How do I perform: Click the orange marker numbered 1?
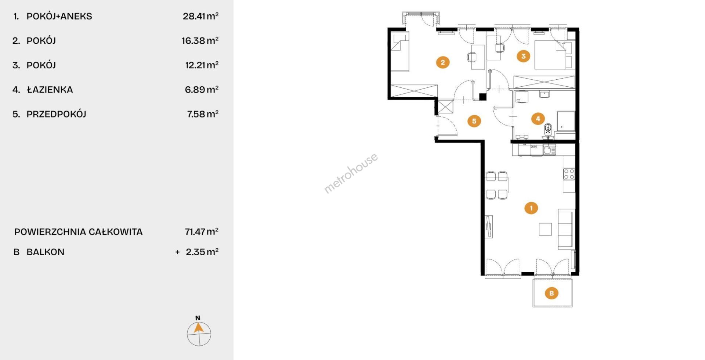(x=531, y=208)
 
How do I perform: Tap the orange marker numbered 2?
(x=442, y=62)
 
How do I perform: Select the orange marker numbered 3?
(x=523, y=56)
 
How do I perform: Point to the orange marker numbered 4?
(x=538, y=118)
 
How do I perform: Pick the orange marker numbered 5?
(x=474, y=121)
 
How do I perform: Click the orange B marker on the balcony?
(x=552, y=293)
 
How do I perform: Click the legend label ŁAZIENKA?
(x=50, y=90)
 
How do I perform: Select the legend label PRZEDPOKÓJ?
(x=57, y=114)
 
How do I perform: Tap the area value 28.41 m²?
(x=200, y=16)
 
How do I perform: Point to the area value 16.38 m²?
(x=200, y=40)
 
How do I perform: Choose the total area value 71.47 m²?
(x=202, y=231)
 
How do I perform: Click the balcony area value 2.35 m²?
(x=202, y=252)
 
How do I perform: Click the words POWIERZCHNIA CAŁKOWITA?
(x=78, y=232)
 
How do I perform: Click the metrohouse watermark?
(x=351, y=173)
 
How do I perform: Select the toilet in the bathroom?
(x=548, y=129)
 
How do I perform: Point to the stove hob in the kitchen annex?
(x=569, y=174)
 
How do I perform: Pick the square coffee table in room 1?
(x=545, y=229)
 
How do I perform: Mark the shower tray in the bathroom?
(x=566, y=121)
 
